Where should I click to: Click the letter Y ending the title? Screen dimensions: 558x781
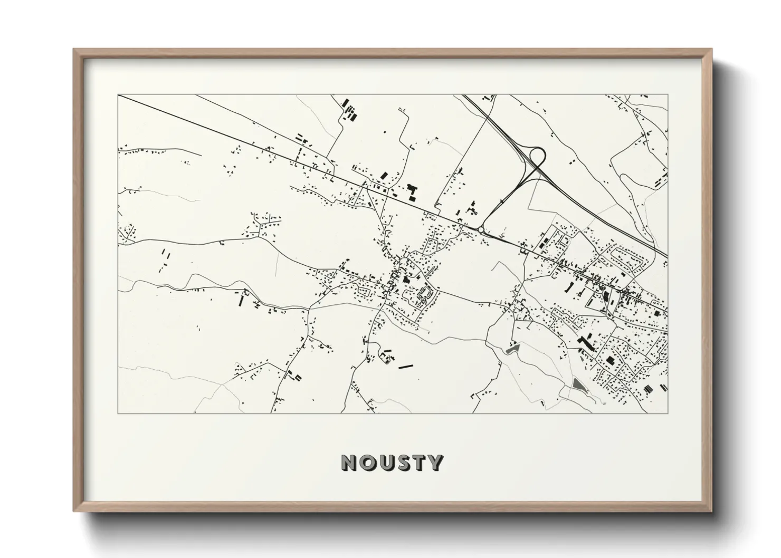(435, 463)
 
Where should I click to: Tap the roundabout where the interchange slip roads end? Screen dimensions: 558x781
(481, 229)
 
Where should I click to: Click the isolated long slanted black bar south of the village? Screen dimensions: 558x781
(405, 366)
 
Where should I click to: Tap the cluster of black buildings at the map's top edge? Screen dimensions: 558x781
(350, 111)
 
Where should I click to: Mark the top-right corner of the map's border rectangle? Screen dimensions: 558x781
(668, 95)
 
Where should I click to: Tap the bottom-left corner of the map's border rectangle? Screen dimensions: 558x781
(118, 413)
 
